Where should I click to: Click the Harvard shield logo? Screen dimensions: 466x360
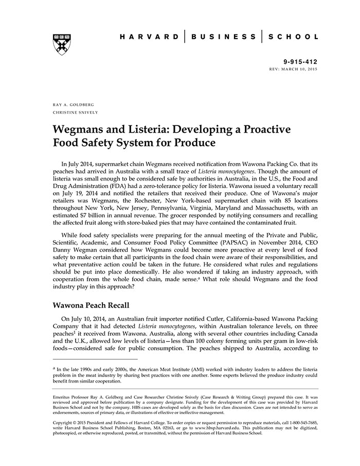click(x=61, y=44)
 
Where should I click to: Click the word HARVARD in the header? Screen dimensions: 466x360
click(x=149, y=37)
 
